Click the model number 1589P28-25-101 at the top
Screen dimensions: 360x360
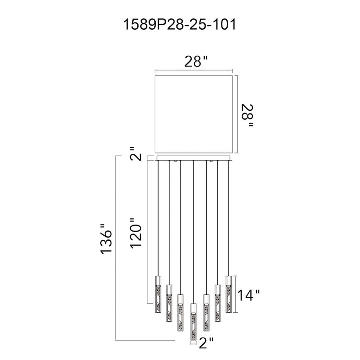180,25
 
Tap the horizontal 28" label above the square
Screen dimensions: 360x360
196,61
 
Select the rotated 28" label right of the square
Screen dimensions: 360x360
247,116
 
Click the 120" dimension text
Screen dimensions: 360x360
136,233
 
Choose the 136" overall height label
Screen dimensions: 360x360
106,238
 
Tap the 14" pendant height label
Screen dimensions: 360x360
248,295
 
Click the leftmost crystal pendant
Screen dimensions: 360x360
158,294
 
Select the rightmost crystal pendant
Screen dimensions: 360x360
229,294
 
